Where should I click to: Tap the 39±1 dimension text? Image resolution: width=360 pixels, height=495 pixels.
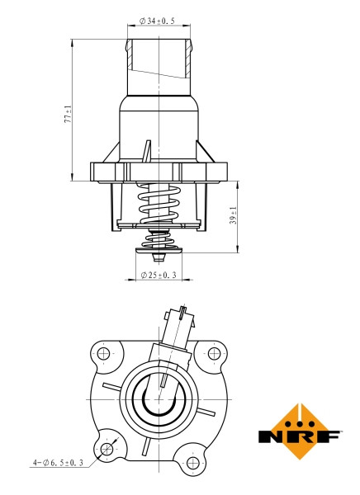click(233, 217)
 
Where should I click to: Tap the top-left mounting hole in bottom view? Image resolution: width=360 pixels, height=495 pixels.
click(105, 354)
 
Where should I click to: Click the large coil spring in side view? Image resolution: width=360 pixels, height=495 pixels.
click(160, 202)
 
